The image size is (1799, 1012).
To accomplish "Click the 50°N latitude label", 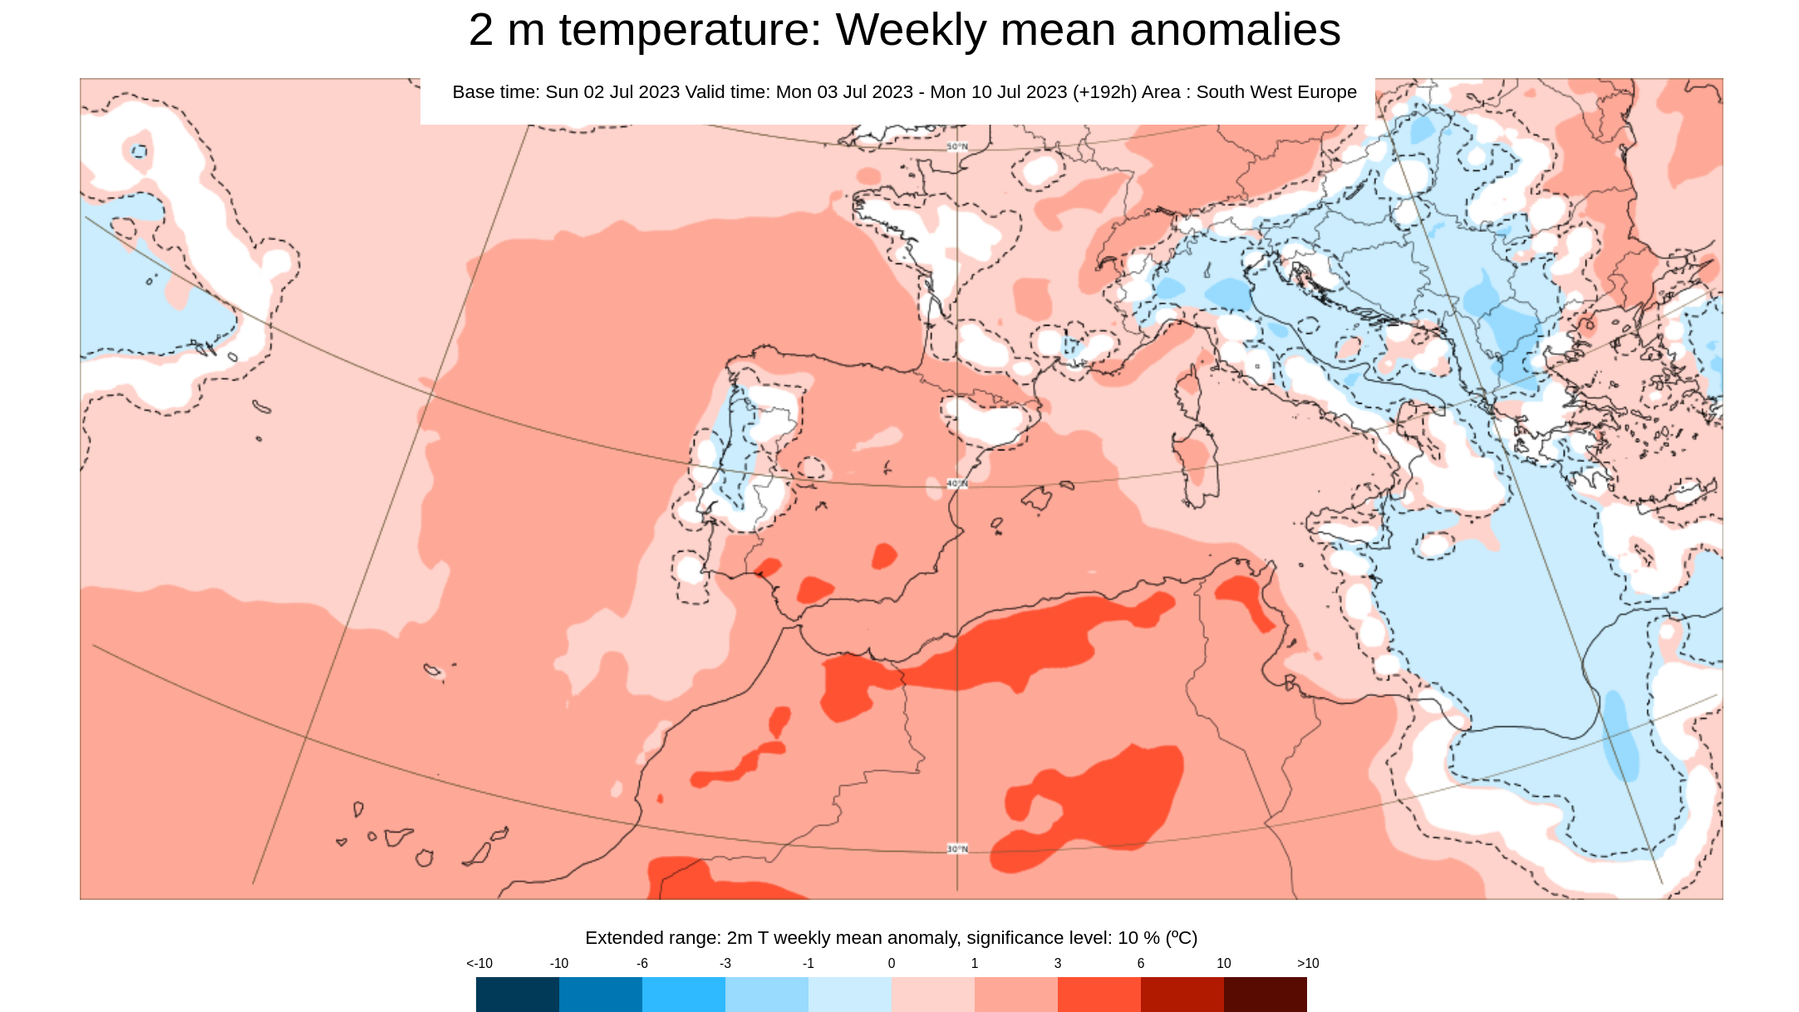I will [957, 147].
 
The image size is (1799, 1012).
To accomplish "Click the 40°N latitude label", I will [957, 484].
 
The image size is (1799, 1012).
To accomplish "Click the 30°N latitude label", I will [957, 849].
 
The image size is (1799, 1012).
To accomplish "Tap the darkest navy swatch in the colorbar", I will [517, 994].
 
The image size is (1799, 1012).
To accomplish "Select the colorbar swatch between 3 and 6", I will [1099, 994].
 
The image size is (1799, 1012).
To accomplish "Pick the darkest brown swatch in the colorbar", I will [1265, 994].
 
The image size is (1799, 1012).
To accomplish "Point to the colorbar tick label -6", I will [641, 964].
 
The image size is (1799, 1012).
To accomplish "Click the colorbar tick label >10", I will [1307, 964].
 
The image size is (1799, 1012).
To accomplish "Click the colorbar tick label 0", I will [891, 964].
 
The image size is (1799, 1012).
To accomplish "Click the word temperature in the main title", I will [690, 31].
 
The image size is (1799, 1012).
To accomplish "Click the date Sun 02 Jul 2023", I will [612, 92].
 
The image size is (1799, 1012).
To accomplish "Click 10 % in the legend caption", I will [1138, 938].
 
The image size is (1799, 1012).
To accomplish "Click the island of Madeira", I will [432, 671].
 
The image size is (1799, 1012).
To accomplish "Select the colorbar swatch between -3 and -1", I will [766, 994].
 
